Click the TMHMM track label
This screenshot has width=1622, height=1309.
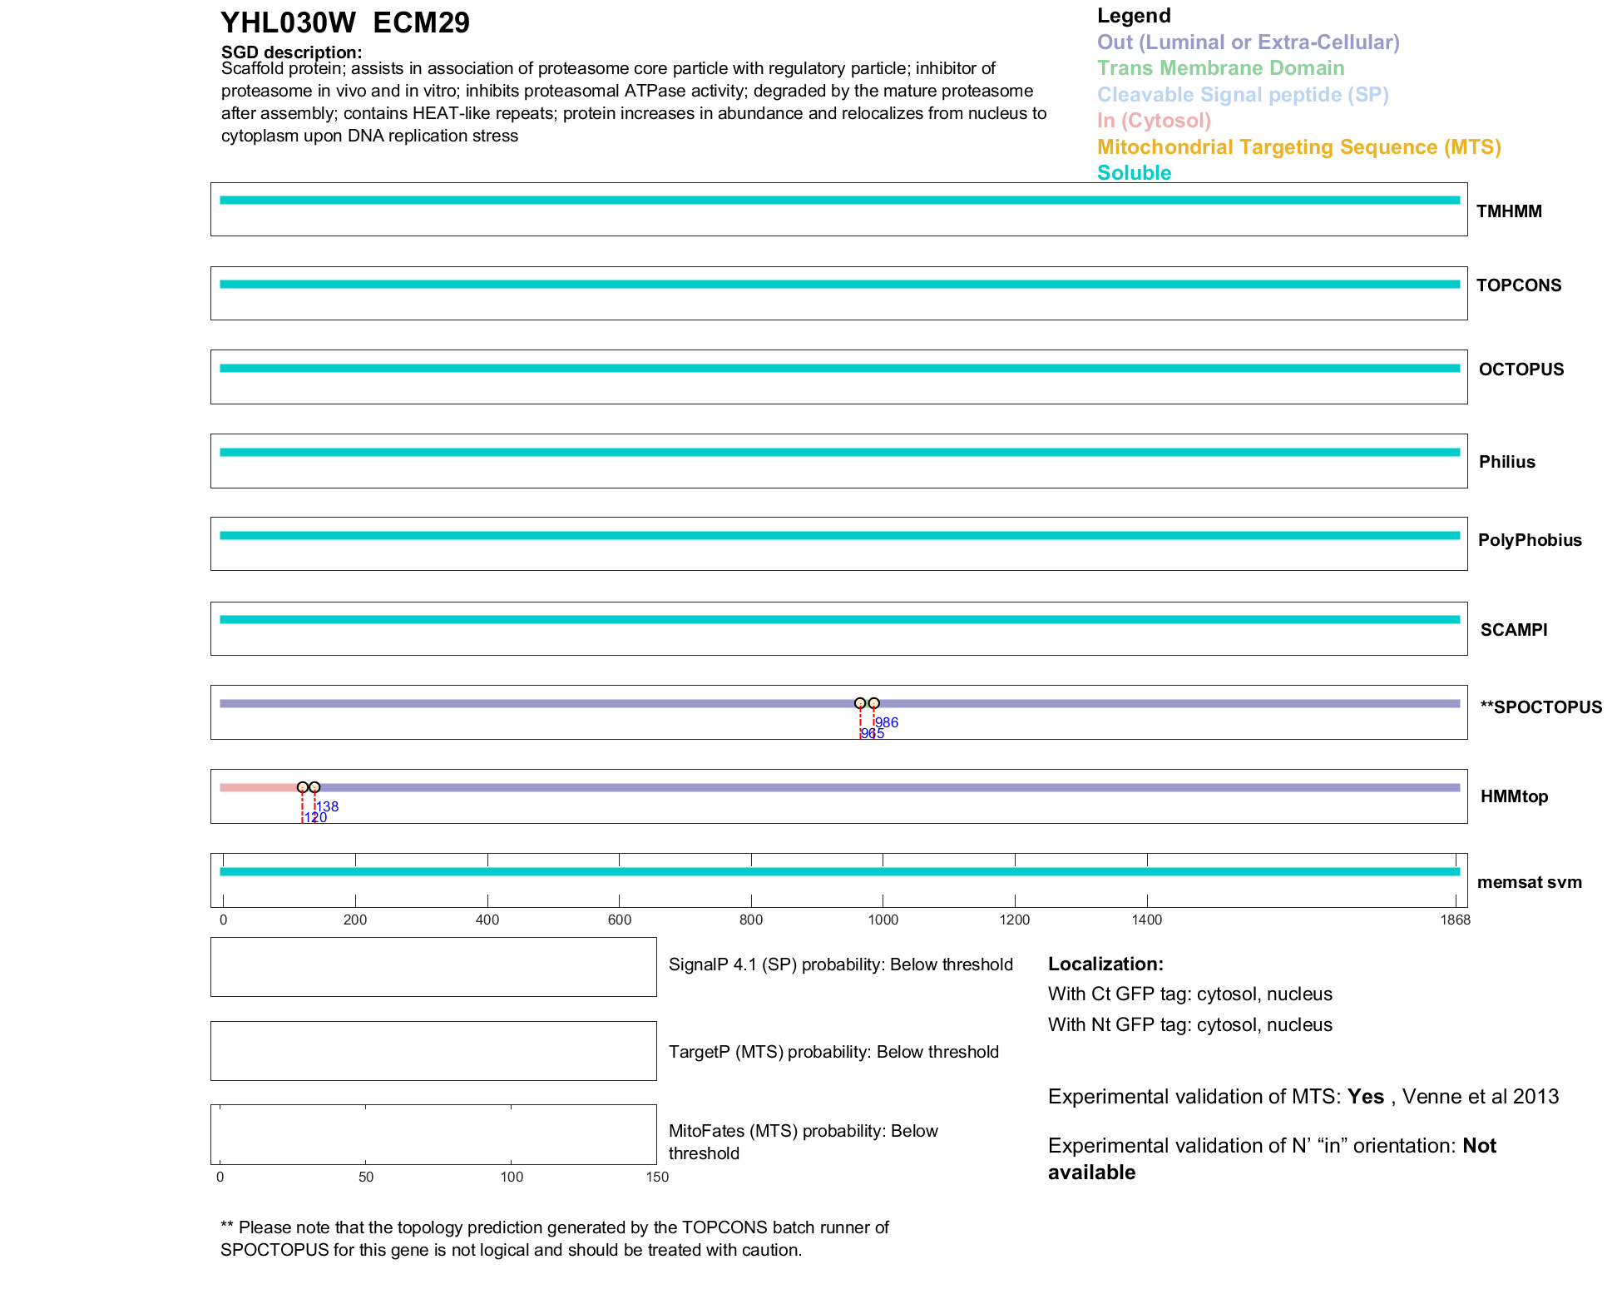[x=1508, y=211]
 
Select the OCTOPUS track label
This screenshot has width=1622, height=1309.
[x=1521, y=369]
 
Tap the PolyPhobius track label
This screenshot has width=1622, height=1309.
[x=1529, y=540]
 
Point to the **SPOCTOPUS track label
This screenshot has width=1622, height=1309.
[x=1540, y=707]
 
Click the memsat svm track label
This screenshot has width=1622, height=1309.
[x=1529, y=882]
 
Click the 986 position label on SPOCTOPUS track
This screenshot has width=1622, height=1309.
[x=887, y=722]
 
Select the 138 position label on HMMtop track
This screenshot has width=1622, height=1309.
[x=327, y=806]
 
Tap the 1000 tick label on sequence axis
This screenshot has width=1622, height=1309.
[x=883, y=920]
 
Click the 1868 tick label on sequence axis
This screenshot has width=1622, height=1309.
[x=1455, y=920]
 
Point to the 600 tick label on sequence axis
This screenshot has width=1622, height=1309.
[x=619, y=920]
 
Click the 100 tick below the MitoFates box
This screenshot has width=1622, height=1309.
[x=512, y=1177]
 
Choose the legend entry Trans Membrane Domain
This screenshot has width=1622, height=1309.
[x=1220, y=68]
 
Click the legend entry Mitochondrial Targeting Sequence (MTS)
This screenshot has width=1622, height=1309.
[x=1298, y=147]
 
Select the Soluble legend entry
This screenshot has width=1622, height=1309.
[x=1134, y=173]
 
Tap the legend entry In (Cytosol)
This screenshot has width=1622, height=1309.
[x=1154, y=121]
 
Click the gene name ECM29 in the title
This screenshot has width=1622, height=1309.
[x=421, y=22]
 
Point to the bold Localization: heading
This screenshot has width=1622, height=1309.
[x=1105, y=964]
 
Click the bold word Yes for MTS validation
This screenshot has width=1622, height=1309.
[x=1365, y=1097]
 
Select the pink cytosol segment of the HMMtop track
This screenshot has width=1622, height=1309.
[x=258, y=787]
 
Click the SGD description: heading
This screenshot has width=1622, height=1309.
[x=291, y=52]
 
